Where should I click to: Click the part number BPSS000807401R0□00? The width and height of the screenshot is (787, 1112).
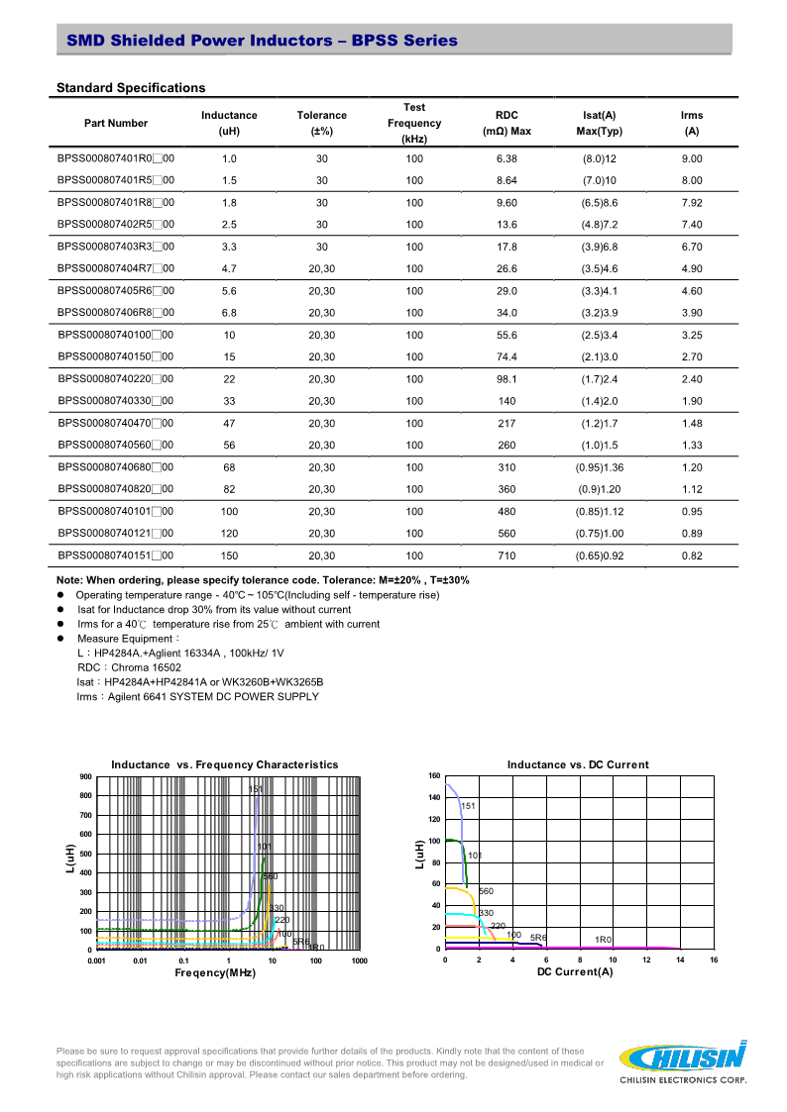coord(116,158)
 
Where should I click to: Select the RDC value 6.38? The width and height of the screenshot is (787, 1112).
coord(506,158)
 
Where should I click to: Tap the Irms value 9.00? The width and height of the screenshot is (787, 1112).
coord(692,158)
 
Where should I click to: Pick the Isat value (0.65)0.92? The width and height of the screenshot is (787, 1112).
coord(600,556)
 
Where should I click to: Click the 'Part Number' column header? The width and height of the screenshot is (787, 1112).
coord(116,123)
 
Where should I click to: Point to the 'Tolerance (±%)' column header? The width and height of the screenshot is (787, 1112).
coord(322,123)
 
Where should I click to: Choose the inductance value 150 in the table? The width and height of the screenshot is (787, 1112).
coord(229,556)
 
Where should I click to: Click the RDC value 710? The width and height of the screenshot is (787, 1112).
coord(506,556)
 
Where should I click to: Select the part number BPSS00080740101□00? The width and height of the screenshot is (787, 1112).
coord(116,511)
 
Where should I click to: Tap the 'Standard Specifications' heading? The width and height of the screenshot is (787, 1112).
coord(131,88)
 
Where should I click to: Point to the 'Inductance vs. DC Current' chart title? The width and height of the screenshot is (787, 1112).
coord(578,764)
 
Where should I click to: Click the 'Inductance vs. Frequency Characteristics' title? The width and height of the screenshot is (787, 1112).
coord(225,764)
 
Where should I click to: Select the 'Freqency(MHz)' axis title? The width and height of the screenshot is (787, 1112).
coord(215,973)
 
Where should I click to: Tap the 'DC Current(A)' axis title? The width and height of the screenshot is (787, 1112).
coord(575,972)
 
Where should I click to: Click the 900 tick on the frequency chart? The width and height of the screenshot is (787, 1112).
coord(85,777)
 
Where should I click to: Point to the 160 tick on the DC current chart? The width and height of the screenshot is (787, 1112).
coord(434,775)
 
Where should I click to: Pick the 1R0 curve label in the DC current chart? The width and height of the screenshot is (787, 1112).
coord(604,939)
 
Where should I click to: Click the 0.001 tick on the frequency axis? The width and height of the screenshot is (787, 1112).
coord(96,960)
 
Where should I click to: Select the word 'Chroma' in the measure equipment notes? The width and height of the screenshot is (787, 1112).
coord(130,667)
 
